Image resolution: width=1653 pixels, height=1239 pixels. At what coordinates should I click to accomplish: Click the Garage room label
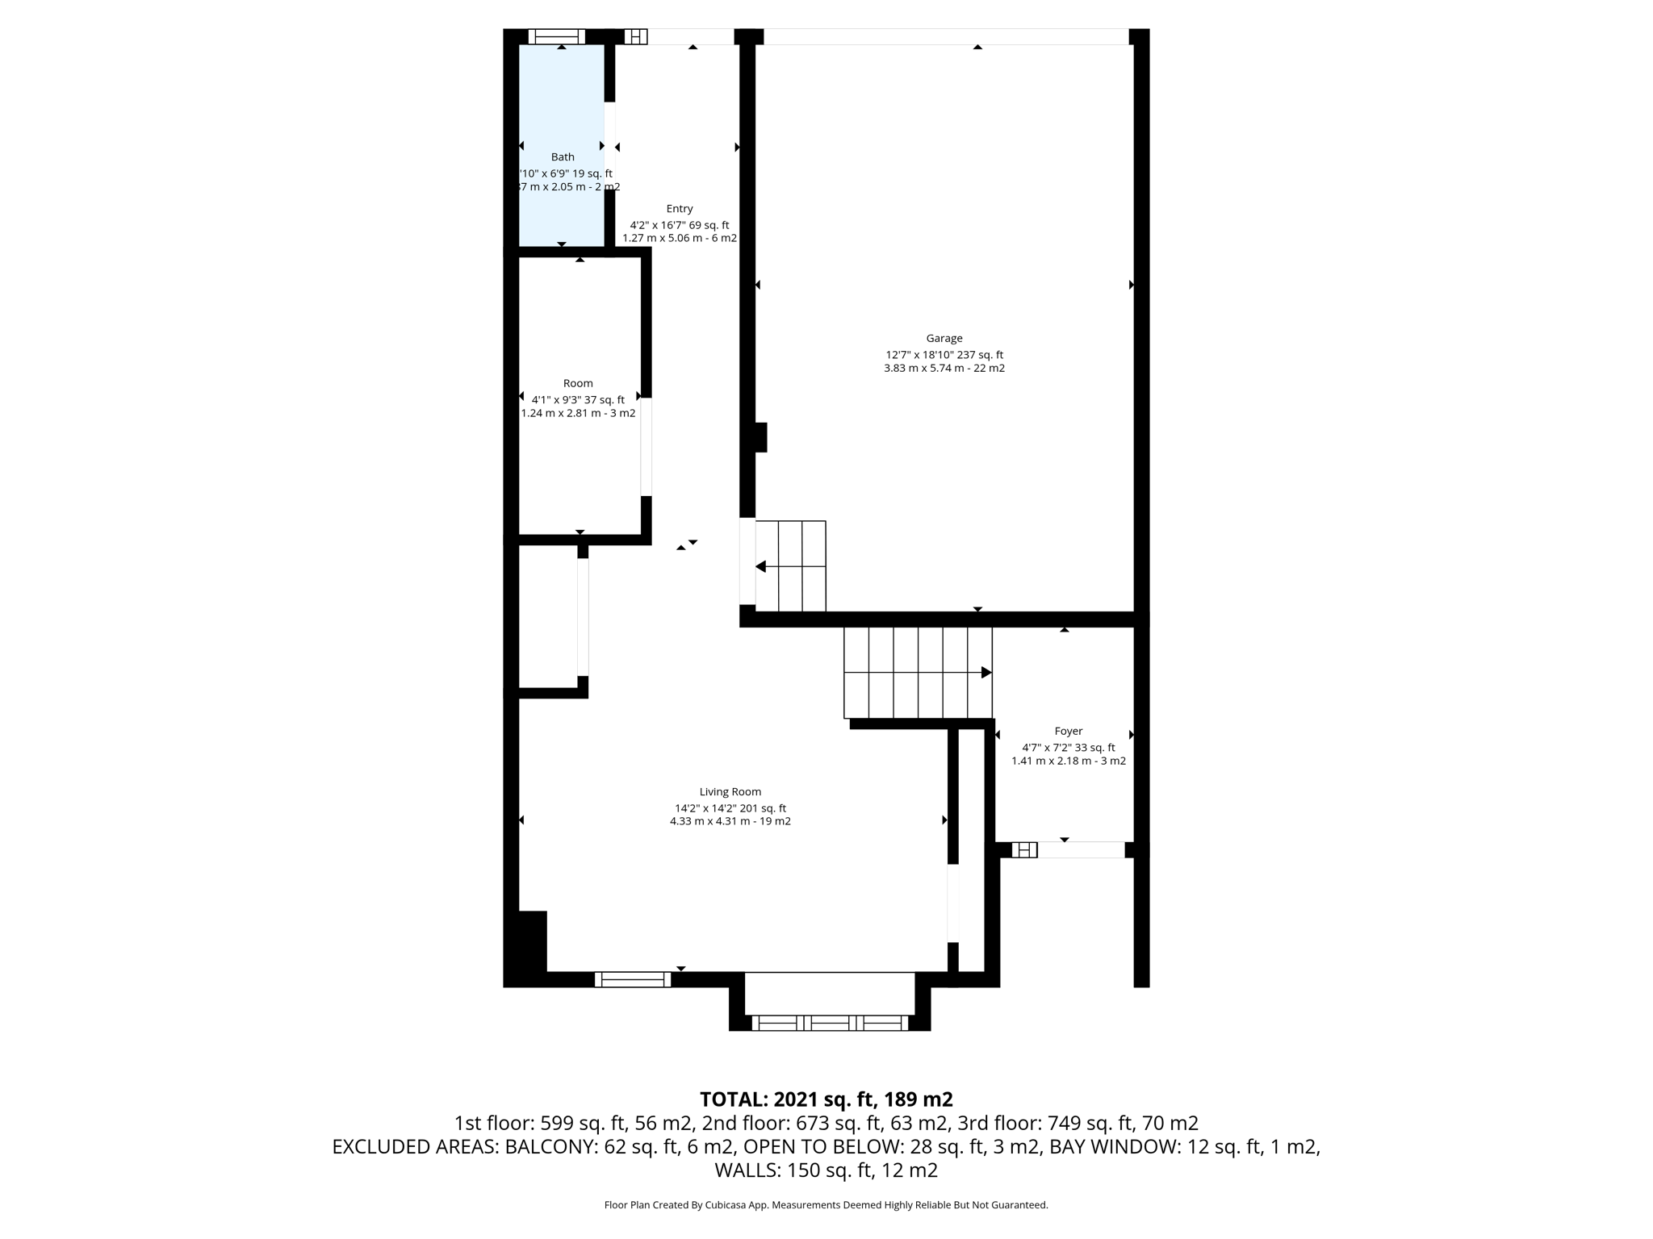(x=944, y=338)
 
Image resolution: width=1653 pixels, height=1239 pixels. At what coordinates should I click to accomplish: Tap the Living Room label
(x=730, y=791)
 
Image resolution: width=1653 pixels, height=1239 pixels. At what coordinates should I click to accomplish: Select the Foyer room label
(x=1068, y=731)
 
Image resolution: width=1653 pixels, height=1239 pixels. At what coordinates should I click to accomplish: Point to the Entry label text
(x=679, y=208)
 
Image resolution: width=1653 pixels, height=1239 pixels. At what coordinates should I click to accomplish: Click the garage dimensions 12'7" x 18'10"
(x=944, y=354)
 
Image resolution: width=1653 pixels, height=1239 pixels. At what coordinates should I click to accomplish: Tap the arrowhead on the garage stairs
(x=760, y=567)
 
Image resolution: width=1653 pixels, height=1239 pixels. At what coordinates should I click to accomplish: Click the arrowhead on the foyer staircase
(x=986, y=672)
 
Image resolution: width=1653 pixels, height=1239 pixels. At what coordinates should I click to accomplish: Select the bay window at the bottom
(x=829, y=1023)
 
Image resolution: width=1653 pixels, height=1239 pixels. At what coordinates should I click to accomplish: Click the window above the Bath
(x=556, y=36)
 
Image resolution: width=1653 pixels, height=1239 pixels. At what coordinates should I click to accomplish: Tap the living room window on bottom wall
(x=632, y=979)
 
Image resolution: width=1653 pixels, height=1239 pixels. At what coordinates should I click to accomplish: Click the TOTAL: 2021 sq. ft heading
(x=826, y=1099)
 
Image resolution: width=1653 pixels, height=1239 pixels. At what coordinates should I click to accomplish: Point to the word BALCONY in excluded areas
(x=551, y=1146)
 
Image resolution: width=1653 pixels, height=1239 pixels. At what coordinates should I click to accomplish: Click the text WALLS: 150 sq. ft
(x=826, y=1170)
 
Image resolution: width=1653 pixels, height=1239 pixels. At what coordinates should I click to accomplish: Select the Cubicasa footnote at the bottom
(x=826, y=1205)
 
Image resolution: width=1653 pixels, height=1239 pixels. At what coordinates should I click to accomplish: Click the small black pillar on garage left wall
(x=760, y=437)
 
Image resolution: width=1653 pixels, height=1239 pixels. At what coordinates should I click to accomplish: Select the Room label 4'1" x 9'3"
(x=578, y=399)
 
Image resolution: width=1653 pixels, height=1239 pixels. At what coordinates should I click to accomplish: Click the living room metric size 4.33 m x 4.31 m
(x=730, y=821)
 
